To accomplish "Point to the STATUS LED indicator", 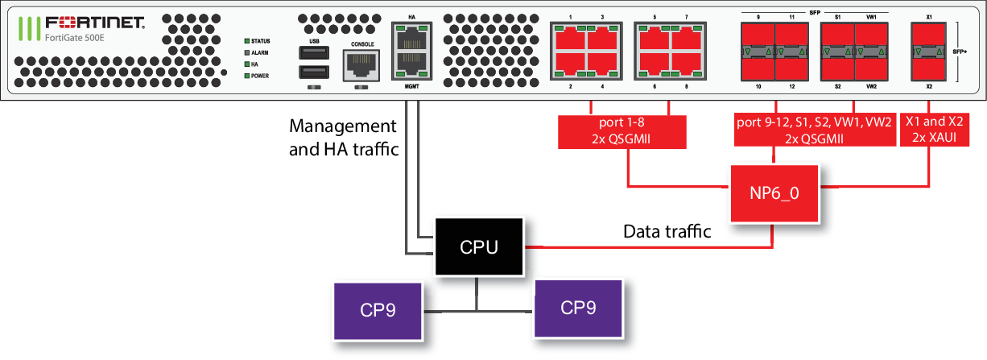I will (x=249, y=41).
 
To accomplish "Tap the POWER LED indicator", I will (x=249, y=76).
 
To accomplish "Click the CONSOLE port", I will (x=361, y=64).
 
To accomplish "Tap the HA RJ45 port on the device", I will (x=411, y=35).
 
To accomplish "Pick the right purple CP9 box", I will (x=577, y=308).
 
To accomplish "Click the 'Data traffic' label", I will (x=667, y=232).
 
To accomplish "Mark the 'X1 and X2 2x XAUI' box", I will (x=934, y=130).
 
